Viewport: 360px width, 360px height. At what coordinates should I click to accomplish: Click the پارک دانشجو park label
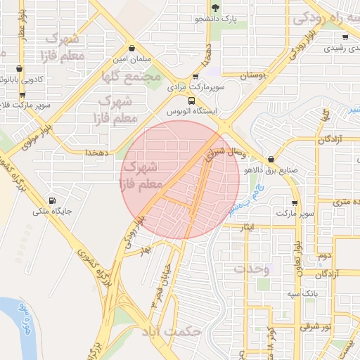(214, 19)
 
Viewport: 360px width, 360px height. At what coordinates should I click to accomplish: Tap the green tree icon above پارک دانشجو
(215, 8)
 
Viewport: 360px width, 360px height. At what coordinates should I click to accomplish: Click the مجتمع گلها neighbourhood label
(131, 76)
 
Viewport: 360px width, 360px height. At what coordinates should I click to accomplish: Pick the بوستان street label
(252, 75)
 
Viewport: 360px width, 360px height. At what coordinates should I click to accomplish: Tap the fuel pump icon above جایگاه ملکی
(51, 200)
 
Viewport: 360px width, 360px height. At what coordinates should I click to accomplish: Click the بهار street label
(146, 250)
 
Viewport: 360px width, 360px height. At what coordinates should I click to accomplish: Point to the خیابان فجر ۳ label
(160, 282)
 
